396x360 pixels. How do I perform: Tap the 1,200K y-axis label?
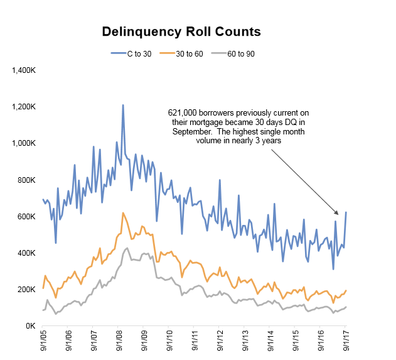tap(23, 107)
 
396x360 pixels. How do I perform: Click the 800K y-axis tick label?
tap(26, 180)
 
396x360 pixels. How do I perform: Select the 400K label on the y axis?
tap(26, 253)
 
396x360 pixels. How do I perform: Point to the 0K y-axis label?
tap(30, 326)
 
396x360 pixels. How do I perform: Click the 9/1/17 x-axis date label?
tap(347, 343)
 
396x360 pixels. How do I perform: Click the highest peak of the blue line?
tap(122, 105)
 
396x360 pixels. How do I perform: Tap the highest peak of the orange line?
tap(123, 213)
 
